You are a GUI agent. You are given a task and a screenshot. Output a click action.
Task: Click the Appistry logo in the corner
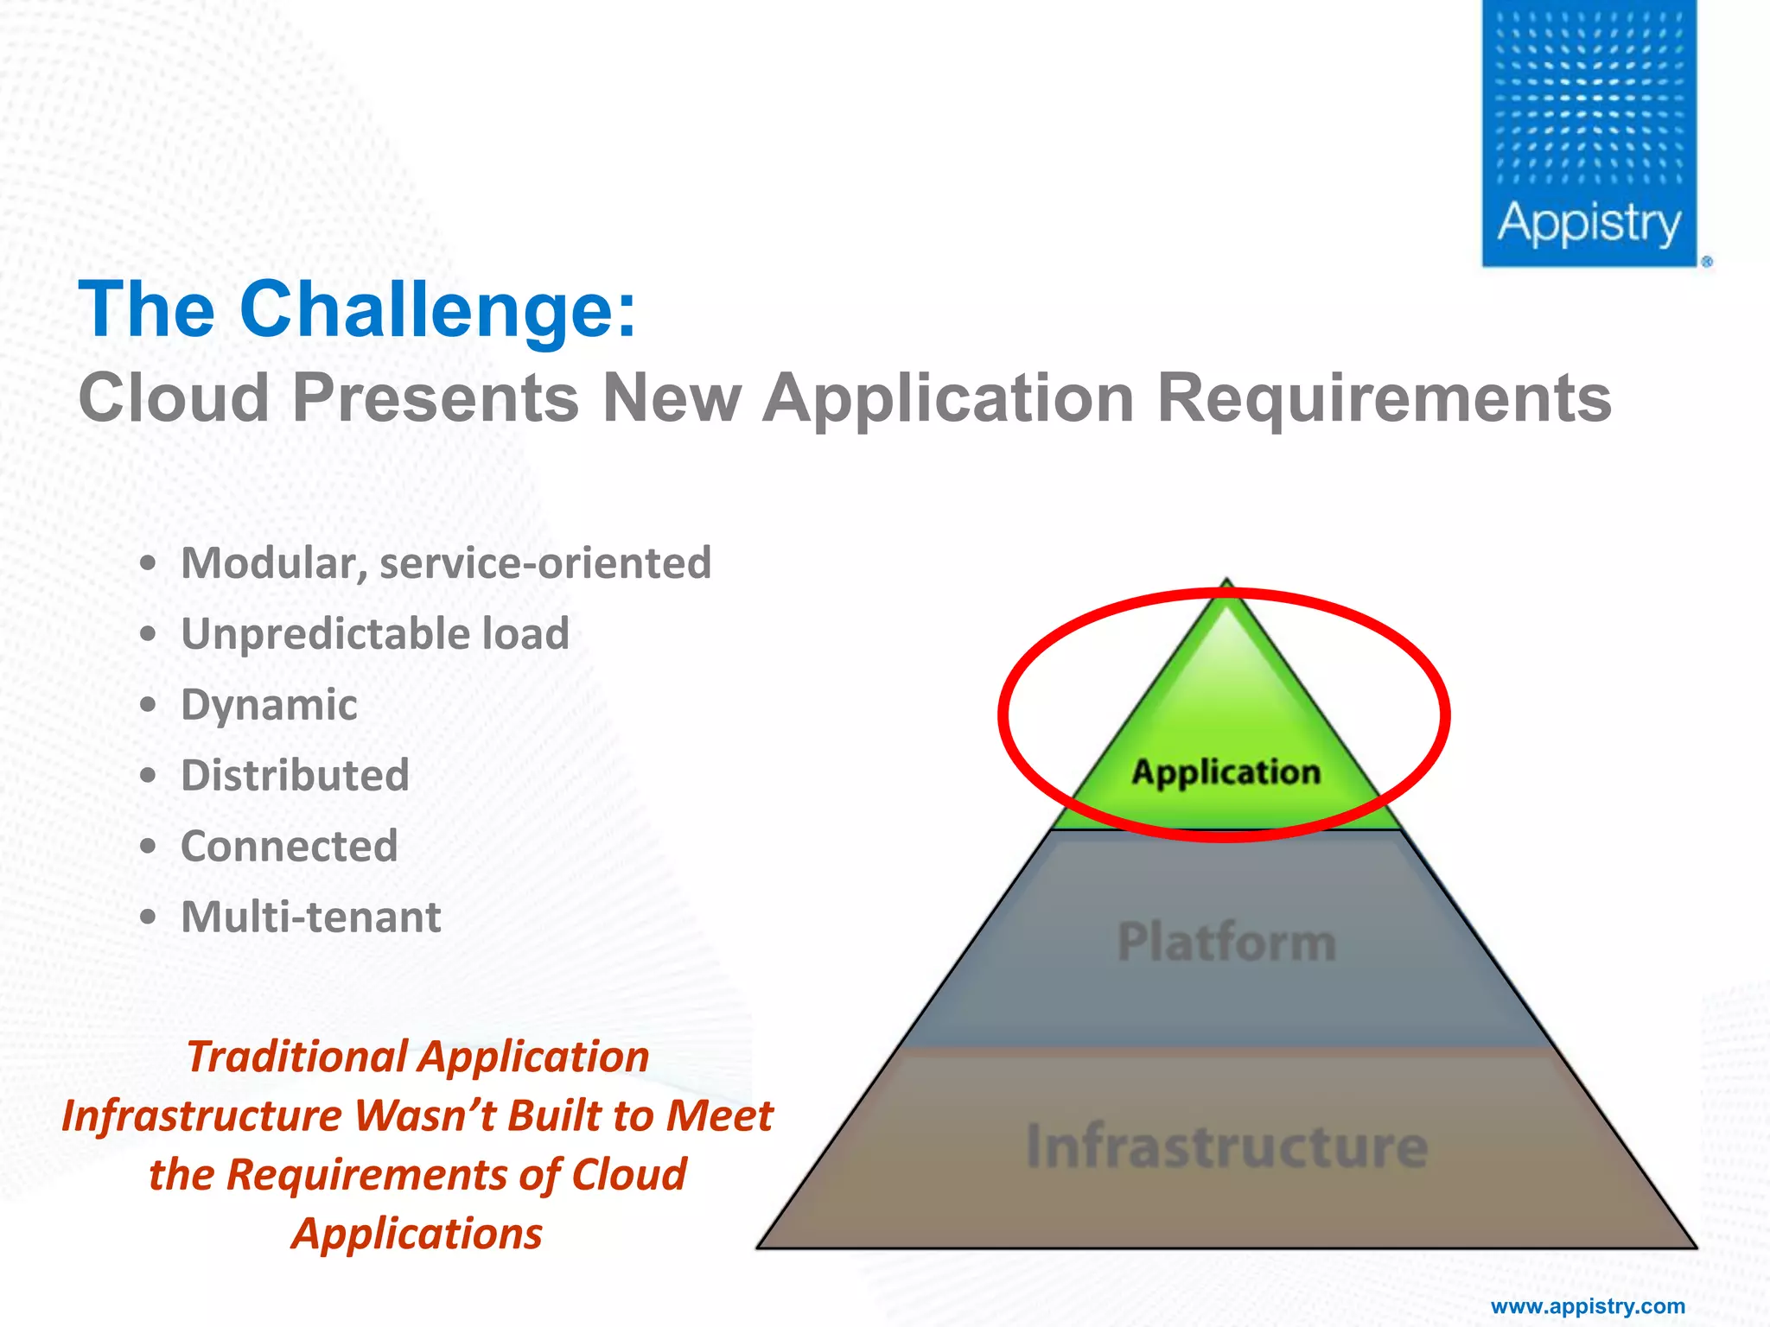pos(1589,134)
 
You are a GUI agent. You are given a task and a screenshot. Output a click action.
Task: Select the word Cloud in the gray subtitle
pos(174,398)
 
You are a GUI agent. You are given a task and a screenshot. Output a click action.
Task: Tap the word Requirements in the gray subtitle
pos(1384,398)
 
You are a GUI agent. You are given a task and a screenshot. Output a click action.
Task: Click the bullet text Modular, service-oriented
pos(446,563)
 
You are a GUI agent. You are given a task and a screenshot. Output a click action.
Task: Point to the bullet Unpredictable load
pos(375,634)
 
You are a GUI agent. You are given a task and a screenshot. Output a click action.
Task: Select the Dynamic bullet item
pos(269,705)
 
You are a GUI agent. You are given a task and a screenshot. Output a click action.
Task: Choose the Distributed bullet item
pos(295,775)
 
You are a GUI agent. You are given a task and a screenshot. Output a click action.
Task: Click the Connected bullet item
pos(290,846)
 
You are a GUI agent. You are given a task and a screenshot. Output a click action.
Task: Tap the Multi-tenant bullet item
pos(311,917)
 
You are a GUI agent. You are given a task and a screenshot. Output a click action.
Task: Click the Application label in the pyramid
pos(1226,772)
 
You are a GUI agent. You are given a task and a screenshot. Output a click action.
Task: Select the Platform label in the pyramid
pos(1226,942)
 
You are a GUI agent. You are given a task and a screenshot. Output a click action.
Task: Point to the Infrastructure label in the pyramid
pos(1226,1146)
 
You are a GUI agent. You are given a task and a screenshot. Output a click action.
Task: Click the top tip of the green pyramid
pos(1226,587)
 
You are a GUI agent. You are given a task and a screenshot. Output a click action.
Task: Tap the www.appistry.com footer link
pos(1588,1306)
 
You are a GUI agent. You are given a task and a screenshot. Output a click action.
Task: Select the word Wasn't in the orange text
pos(425,1115)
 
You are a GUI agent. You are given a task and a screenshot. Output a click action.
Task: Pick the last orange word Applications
pos(417,1234)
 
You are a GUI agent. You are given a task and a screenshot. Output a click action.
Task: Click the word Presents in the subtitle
pos(436,398)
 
